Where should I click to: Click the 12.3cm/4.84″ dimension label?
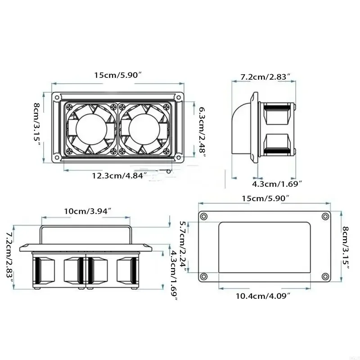click(x=119, y=175)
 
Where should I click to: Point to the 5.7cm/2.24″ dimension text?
click(x=183, y=244)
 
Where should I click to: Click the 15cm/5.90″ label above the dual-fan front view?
click(x=118, y=76)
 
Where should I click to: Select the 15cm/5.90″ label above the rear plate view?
click(x=265, y=198)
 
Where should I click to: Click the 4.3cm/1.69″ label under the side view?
click(x=276, y=183)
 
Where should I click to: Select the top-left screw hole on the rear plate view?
click(x=203, y=216)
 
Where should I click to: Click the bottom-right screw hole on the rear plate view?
click(x=324, y=276)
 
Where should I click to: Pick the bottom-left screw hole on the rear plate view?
click(x=203, y=276)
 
